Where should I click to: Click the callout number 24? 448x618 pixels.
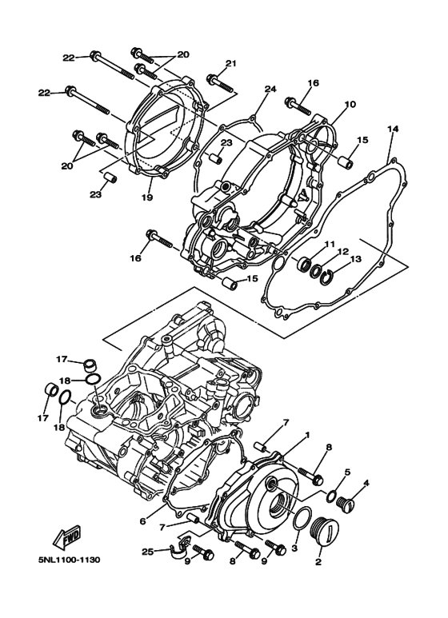point(270,89)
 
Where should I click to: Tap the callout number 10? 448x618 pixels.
point(350,105)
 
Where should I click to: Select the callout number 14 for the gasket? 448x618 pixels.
point(392,129)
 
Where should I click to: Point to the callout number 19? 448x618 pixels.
point(146,197)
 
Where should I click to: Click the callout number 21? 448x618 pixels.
point(231,64)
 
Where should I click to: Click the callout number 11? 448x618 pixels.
point(329,243)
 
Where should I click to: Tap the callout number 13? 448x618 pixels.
point(356,259)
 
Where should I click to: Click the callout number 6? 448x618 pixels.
point(142,521)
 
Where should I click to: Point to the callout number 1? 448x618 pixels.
point(306,436)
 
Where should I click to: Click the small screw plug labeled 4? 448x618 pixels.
point(347,504)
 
